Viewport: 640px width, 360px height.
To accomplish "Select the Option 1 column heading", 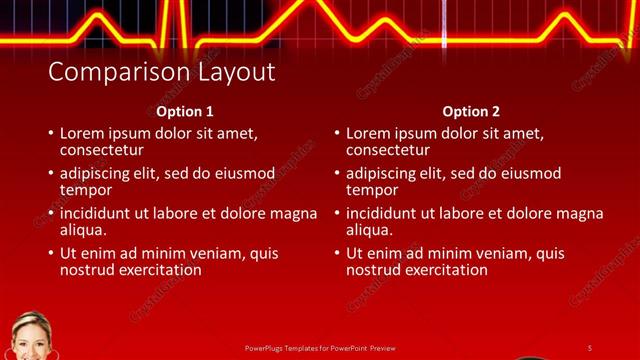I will click(x=185, y=112).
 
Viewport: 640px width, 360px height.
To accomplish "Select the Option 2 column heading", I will click(x=471, y=112).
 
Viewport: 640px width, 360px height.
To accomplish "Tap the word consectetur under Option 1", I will click(x=103, y=150).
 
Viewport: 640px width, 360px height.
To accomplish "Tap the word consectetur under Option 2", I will click(x=389, y=150).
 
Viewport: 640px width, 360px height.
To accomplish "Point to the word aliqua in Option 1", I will click(x=83, y=230).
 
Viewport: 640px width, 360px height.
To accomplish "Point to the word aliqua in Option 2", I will click(x=369, y=230).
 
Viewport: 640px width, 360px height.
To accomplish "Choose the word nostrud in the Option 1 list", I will click(x=87, y=270).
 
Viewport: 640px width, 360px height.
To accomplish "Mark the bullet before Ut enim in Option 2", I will click(x=336, y=254).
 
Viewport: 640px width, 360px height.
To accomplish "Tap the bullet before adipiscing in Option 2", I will click(x=336, y=174).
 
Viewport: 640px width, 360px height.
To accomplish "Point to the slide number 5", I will click(x=589, y=348).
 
